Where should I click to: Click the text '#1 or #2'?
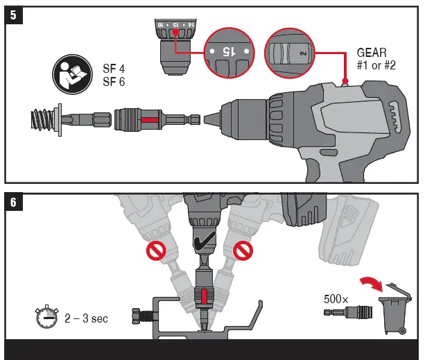coord(376,65)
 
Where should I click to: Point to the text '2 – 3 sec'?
coord(85,319)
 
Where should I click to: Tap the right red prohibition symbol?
coord(242,249)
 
